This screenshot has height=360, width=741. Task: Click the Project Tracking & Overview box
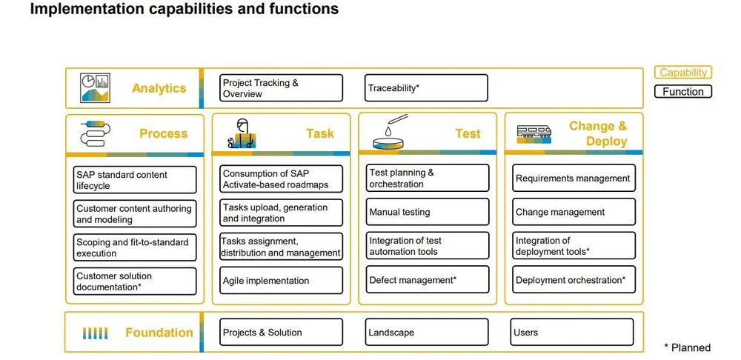[282, 88]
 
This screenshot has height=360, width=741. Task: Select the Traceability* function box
[426, 88]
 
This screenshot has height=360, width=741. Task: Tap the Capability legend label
[683, 73]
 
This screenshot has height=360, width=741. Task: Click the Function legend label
[683, 92]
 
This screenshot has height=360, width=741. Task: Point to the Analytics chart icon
[95, 88]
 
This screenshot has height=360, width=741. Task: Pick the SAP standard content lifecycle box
[135, 180]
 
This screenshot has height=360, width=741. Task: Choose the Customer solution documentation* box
[135, 281]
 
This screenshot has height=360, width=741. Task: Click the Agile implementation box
[282, 281]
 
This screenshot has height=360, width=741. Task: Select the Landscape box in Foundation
[426, 333]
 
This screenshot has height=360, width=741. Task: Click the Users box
[572, 333]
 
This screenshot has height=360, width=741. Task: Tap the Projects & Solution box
[282, 333]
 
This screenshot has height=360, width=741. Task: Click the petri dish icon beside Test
[388, 133]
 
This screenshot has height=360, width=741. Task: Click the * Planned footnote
[687, 347]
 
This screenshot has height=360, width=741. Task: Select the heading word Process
[163, 133]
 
